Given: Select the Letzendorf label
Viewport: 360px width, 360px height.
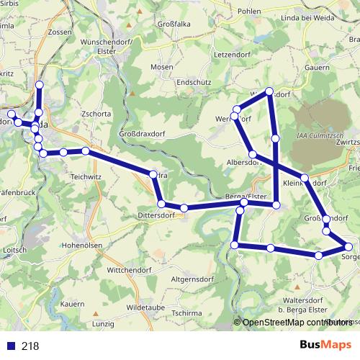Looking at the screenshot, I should (232, 54).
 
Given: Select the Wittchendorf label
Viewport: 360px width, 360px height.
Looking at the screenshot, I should (130, 269).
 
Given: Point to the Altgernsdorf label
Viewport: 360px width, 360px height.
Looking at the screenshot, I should (193, 278).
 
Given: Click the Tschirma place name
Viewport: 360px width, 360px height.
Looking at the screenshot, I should (186, 313).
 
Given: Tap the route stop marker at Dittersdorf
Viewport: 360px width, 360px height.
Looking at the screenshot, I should (184, 208).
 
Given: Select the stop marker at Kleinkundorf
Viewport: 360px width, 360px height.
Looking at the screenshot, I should (305, 177).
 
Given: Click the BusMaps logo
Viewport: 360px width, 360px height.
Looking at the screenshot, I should (325, 345).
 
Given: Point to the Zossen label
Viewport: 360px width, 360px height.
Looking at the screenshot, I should (58, 32).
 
